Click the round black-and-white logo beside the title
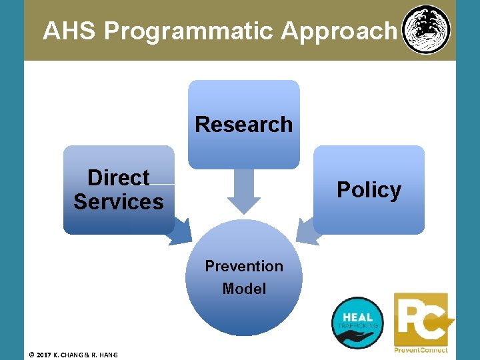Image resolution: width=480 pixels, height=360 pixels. tap(427, 30)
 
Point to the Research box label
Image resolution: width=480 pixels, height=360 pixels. tap(243, 125)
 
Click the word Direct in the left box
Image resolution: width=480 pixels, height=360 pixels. tap(119, 178)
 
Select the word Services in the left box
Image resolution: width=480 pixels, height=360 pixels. tap(119, 201)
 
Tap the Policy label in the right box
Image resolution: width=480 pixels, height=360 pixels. tap(369, 190)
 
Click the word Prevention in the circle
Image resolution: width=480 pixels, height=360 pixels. tap(244, 266)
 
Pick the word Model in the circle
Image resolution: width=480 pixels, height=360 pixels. tap(244, 289)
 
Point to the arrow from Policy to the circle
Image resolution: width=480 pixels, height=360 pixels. tap(307, 231)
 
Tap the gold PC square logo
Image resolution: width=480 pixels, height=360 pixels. tap(421, 319)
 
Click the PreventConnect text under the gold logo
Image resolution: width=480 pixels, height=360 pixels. tap(421, 350)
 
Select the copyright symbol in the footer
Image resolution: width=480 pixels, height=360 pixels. tap(32, 354)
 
